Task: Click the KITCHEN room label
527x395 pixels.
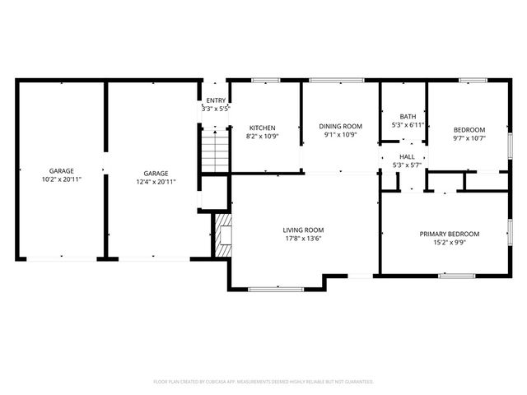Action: point(263,128)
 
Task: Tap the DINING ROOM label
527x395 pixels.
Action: point(341,126)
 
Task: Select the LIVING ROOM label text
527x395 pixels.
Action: point(304,230)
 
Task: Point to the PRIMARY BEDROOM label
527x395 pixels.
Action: point(449,234)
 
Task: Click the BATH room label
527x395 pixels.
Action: point(408,116)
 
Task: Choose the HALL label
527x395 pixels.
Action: point(408,156)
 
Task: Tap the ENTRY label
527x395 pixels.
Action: point(216,100)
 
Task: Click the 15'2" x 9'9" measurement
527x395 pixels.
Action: point(449,243)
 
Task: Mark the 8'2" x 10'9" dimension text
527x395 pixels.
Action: point(263,137)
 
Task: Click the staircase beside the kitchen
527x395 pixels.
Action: point(215,151)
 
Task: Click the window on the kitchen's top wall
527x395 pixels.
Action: point(264,80)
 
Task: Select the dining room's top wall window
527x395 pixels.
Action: point(337,80)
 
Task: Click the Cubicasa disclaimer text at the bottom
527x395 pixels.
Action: point(263,382)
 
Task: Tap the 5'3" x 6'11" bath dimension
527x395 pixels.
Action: point(408,125)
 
